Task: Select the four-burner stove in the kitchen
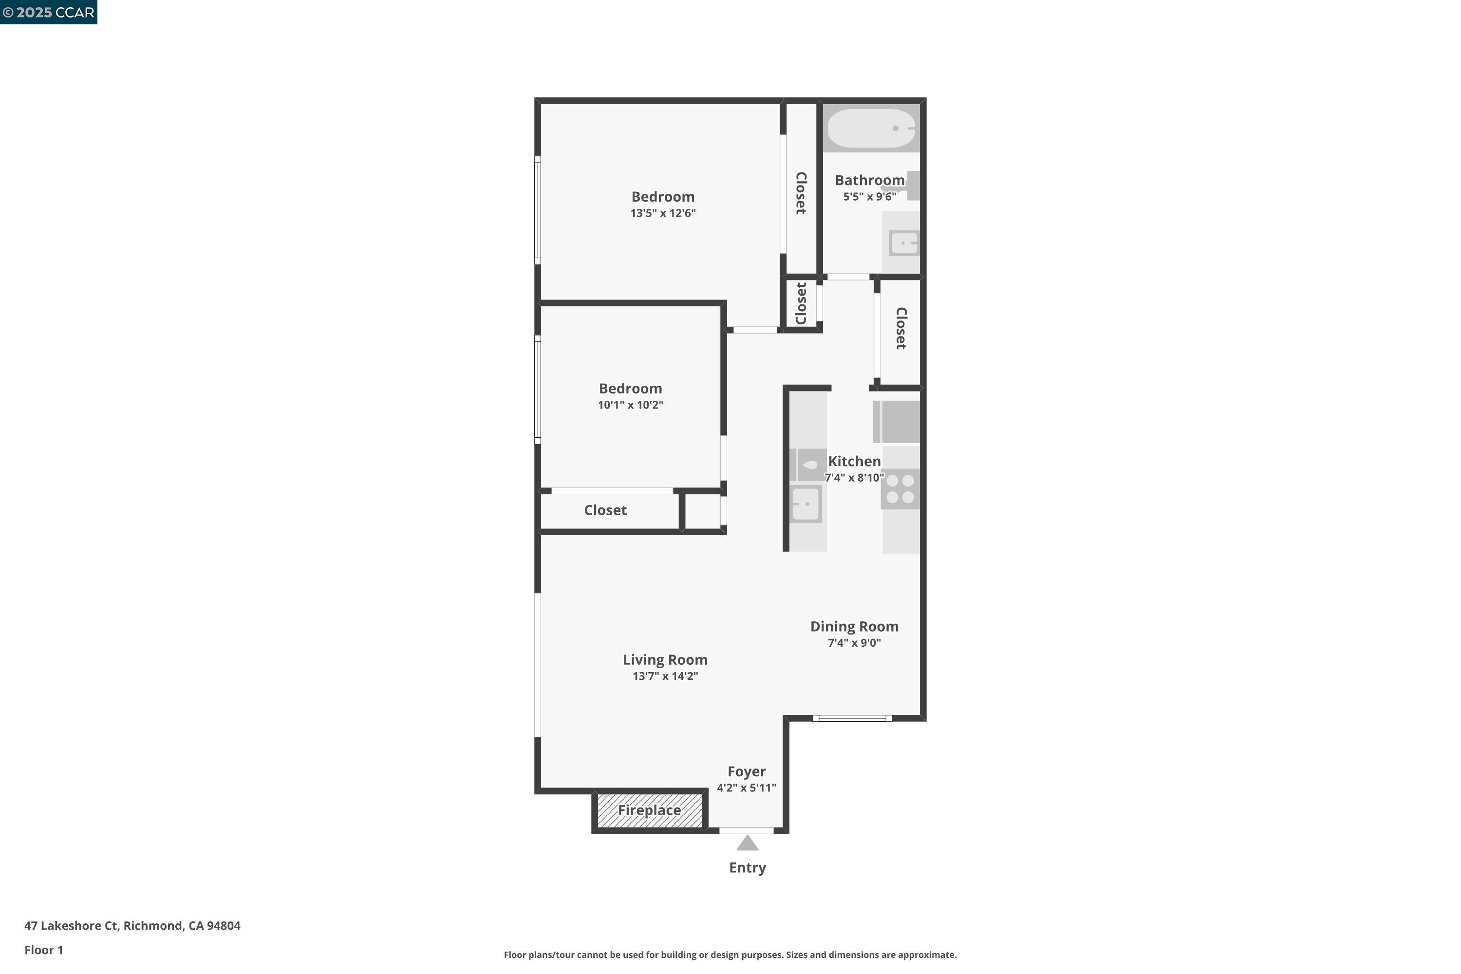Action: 900,489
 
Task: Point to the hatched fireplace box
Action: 650,811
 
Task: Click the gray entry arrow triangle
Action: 747,843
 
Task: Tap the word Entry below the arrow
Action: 747,868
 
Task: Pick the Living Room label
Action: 665,660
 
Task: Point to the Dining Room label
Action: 854,627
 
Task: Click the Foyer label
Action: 747,771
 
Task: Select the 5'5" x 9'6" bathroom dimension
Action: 870,197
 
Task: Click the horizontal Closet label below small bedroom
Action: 606,510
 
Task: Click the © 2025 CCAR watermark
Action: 48,13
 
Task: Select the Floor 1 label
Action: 43,950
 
